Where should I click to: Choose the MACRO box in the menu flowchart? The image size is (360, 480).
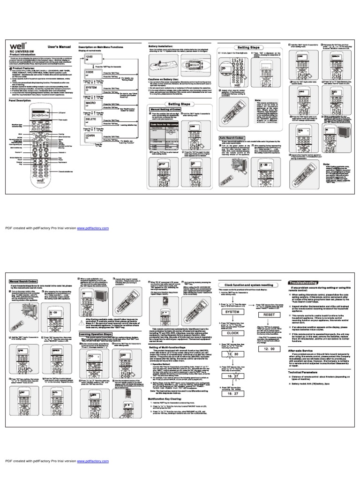pos(91,103)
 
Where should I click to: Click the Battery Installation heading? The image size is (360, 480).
pos(161,47)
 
